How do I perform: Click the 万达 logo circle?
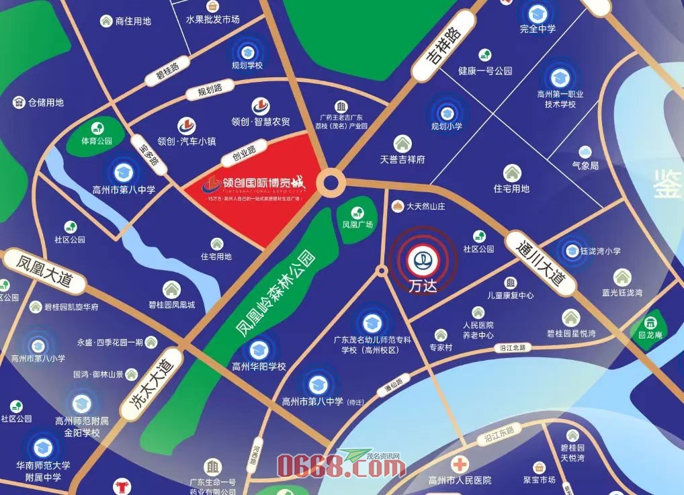[423, 260]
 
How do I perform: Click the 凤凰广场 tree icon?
[357, 208]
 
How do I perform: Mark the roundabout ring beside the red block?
[331, 182]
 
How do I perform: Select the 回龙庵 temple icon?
[650, 322]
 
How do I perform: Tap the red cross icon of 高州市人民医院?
[460, 464]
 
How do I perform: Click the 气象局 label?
[585, 165]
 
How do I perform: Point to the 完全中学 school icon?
[537, 13]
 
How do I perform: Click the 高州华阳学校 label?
[259, 367]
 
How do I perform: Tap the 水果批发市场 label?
[213, 19]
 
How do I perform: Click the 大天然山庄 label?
[425, 207]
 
